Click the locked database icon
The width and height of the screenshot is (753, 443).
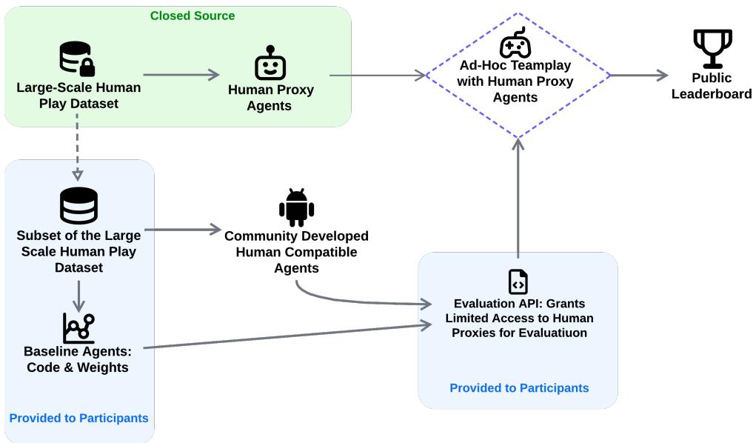[x=77, y=59]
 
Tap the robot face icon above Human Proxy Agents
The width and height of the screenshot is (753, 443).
[x=270, y=63]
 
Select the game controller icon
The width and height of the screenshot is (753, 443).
[x=515, y=43]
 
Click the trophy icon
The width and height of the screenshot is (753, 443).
[x=712, y=49]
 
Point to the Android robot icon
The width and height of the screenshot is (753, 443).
[x=296, y=207]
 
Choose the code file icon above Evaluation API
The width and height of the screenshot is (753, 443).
[x=518, y=282]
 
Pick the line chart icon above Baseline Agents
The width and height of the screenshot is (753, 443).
[x=78, y=328]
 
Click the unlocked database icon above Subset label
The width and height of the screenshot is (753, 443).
[x=78, y=206]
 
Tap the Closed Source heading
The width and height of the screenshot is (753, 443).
[x=193, y=16]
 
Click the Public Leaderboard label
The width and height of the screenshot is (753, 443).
[x=712, y=86]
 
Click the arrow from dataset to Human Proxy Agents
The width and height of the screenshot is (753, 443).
[x=181, y=74]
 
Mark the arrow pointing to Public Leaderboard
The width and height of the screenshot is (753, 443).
[x=638, y=75]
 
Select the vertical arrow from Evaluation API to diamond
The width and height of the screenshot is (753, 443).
[x=518, y=196]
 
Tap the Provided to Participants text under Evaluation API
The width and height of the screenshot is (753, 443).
[x=519, y=388]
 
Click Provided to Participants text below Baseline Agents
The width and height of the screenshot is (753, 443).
[x=78, y=419]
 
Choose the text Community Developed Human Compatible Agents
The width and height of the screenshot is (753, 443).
[x=296, y=252]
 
